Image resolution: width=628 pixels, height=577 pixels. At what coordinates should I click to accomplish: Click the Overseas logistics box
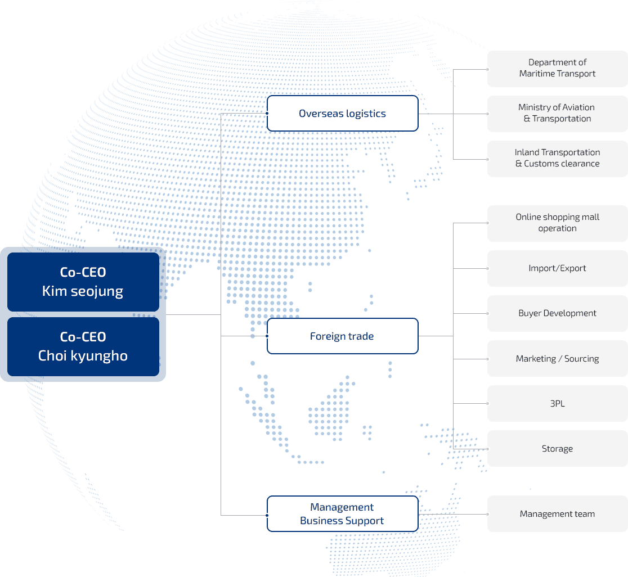tap(342, 114)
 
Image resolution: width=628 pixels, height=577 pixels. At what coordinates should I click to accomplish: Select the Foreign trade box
tap(342, 336)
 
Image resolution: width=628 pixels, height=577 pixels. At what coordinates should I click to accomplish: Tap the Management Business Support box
tap(342, 514)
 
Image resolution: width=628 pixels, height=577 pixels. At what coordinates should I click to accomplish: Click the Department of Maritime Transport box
tap(557, 69)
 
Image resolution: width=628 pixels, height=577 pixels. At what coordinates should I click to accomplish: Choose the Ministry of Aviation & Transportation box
tap(557, 114)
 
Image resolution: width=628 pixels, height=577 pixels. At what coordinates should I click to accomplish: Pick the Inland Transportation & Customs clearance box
tap(557, 159)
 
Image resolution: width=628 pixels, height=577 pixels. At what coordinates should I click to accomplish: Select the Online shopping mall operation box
tap(557, 223)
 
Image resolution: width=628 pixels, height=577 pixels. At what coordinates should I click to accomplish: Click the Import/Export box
tap(557, 268)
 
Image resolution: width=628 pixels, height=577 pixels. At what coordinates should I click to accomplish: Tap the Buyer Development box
tap(557, 313)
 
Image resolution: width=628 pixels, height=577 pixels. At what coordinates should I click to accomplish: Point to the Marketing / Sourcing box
tap(557, 359)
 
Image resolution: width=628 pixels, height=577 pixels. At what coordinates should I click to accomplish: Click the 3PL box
tap(557, 404)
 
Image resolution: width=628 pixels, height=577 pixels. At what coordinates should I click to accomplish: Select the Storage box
tap(557, 449)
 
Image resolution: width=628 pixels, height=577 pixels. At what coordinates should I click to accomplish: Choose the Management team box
tap(557, 514)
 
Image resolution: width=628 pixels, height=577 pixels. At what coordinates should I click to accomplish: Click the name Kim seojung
tap(83, 291)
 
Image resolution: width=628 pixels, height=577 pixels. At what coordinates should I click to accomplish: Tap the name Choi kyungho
tap(83, 356)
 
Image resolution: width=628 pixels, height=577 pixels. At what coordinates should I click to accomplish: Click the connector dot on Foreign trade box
tap(267, 336)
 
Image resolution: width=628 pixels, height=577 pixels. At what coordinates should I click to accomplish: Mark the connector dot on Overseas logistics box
tap(267, 114)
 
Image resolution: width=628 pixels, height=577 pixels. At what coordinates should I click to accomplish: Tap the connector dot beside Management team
tap(487, 514)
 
